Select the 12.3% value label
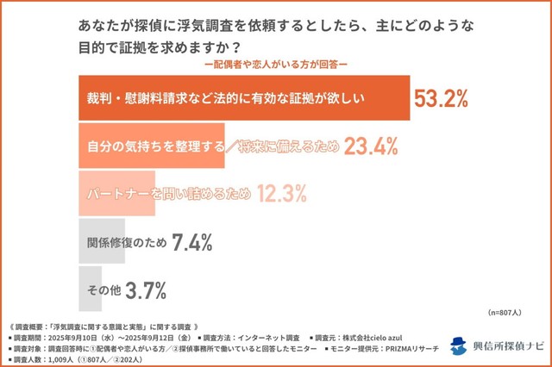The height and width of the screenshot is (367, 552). (x=279, y=194)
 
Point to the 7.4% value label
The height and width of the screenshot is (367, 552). (x=191, y=242)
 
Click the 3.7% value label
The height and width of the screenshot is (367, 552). (x=145, y=290)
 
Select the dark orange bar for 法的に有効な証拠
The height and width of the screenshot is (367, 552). (x=242, y=97)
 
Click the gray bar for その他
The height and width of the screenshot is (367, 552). (x=98, y=290)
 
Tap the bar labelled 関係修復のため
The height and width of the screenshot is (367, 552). (x=121, y=242)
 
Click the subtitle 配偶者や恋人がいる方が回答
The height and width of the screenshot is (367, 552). (x=275, y=65)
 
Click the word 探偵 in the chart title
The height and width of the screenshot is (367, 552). (x=147, y=27)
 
